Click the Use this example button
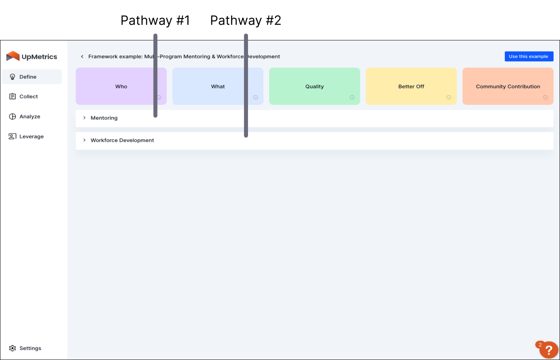point(529,56)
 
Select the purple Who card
point(121,86)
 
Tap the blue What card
point(218,86)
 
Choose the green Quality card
point(314,86)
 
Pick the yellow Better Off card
point(411,86)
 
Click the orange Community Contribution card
point(508,86)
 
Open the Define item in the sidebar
point(28,77)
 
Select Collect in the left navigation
point(28,96)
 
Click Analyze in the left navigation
point(30,116)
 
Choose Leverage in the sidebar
point(31,136)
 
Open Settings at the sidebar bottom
point(30,348)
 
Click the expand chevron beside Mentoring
point(84,118)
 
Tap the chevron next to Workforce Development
point(84,140)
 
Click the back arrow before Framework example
point(82,56)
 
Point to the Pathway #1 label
point(155,20)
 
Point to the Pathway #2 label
point(246,20)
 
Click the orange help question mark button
point(548,350)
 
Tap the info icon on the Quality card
point(352,97)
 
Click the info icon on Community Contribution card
point(545,97)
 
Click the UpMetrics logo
point(32,56)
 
